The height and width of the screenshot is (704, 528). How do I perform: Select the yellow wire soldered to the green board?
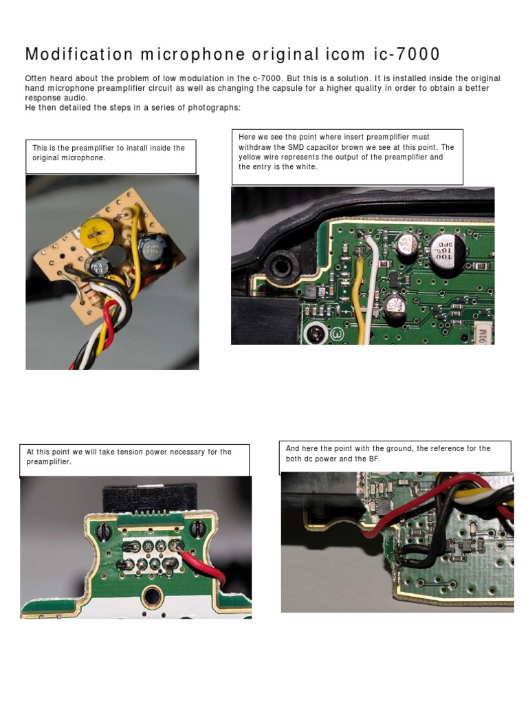358,296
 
